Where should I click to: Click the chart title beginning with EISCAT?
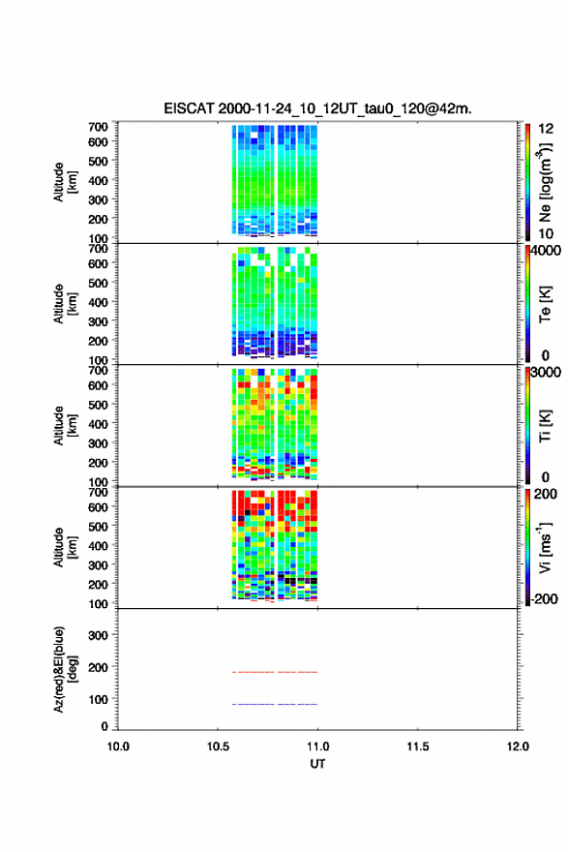[317, 108]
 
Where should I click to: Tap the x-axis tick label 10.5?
[218, 746]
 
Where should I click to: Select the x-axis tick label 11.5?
[418, 746]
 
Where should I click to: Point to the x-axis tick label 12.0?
[518, 746]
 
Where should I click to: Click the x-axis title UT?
[317, 764]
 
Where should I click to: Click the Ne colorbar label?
[545, 183]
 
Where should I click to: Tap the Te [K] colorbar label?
[545, 304]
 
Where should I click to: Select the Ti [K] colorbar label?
[545, 425]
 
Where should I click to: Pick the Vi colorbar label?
[545, 548]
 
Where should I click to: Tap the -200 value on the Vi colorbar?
[545, 598]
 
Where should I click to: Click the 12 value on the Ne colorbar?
[547, 129]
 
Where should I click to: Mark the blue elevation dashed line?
[275, 704]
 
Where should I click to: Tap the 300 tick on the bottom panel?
[98, 635]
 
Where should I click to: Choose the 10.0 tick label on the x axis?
[118, 746]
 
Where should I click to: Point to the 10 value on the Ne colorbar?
[547, 233]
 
